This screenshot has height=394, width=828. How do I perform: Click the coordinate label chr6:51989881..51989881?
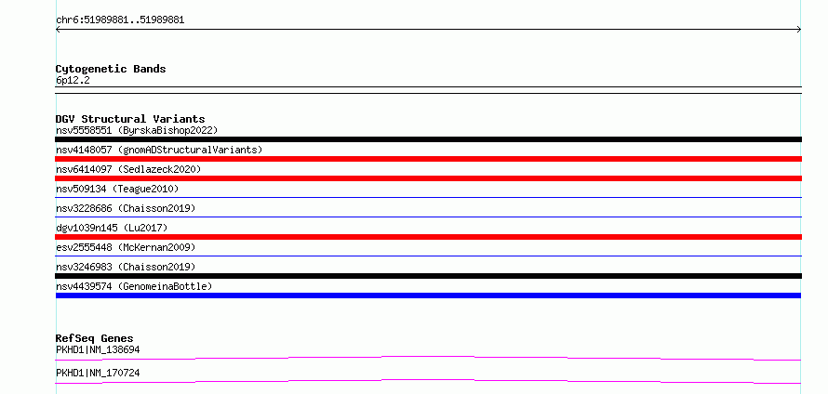tap(120, 20)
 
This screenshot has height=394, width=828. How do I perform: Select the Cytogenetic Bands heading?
tap(111, 69)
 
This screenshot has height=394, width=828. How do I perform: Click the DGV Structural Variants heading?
tap(130, 119)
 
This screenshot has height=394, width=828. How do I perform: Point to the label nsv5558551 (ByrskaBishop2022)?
tap(137, 130)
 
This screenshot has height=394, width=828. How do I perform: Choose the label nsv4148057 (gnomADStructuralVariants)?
tap(159, 150)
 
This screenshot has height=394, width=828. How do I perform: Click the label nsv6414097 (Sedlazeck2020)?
tap(128, 169)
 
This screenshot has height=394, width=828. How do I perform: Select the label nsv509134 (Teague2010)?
tap(117, 189)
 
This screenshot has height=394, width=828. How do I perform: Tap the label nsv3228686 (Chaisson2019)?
tap(126, 208)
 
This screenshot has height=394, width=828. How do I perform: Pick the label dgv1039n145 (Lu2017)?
tap(112, 228)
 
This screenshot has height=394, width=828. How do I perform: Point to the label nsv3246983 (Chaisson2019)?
tap(126, 267)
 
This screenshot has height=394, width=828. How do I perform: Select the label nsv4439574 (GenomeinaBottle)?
tap(134, 286)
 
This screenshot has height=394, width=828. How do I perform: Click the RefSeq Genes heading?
tap(95, 338)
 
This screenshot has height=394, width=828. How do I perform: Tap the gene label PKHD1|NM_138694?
tap(98, 349)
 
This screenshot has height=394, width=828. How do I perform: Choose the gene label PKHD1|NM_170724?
tap(98, 373)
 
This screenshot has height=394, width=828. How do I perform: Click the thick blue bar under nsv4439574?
tap(428, 295)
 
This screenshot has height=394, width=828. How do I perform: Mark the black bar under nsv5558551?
tap(428, 139)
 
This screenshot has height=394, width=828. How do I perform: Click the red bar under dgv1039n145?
tap(428, 237)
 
